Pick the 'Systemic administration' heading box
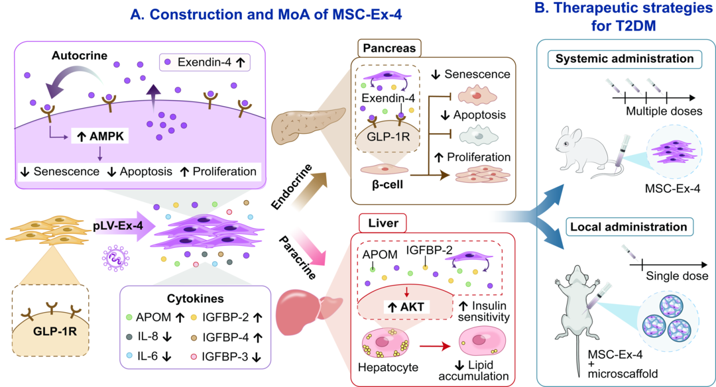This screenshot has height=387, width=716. point(625,59)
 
